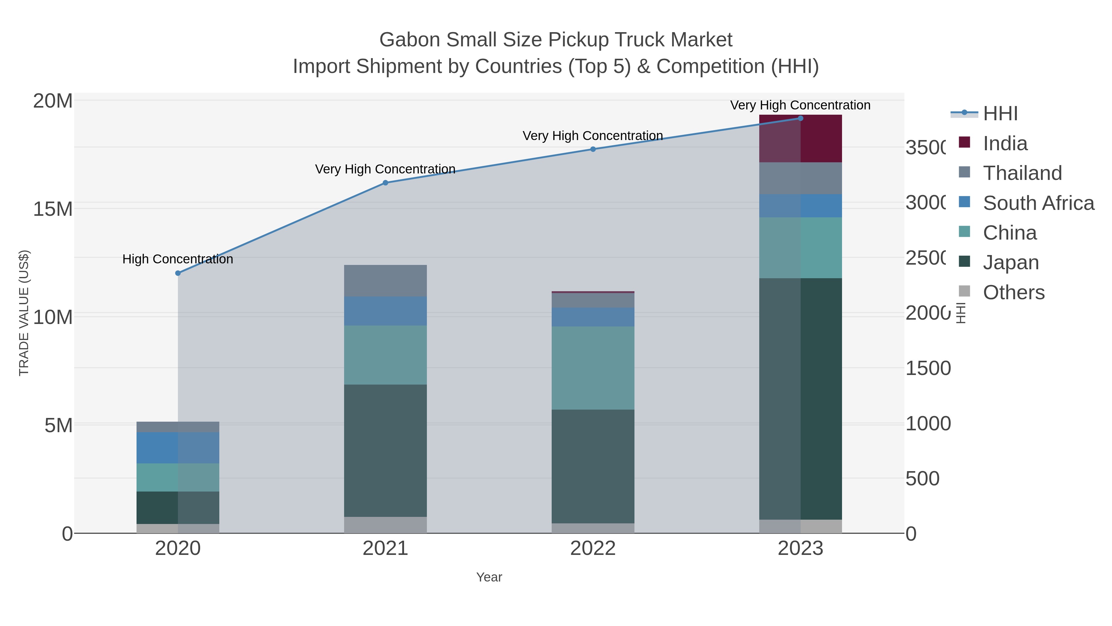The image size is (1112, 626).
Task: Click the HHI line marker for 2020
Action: (178, 273)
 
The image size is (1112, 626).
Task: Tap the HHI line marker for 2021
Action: (385, 183)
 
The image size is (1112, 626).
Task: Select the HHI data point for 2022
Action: (593, 149)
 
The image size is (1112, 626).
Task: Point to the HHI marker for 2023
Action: (800, 118)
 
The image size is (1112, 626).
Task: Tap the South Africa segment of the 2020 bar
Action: (178, 448)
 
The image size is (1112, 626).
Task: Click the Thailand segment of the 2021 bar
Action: (385, 280)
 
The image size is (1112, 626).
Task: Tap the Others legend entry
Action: (1013, 292)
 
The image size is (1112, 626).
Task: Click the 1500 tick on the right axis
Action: (928, 368)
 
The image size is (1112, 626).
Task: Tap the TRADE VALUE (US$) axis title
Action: (24, 313)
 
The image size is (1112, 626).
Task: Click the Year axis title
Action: (489, 577)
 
